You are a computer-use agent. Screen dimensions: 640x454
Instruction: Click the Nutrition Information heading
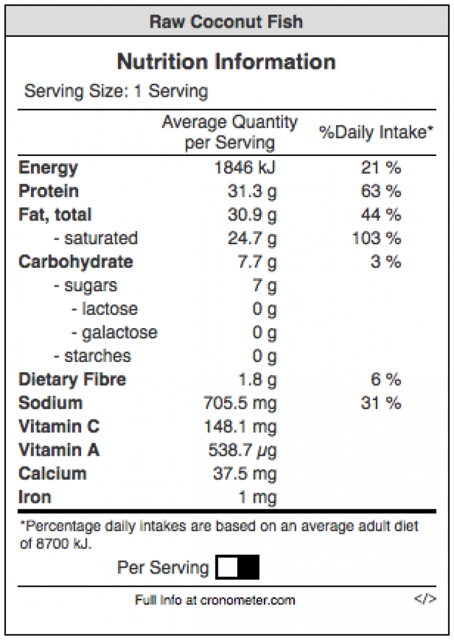pos(226,62)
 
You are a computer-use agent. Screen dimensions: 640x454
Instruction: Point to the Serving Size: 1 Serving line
pos(116,91)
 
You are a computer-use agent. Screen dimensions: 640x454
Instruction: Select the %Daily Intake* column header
pos(377,132)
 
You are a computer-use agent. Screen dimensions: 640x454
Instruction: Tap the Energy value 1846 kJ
pos(245,167)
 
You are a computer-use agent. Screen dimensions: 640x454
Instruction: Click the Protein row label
pos(48,191)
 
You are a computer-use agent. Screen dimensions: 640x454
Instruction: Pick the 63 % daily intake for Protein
pos(381,191)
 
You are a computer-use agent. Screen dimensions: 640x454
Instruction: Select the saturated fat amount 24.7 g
pos(252,238)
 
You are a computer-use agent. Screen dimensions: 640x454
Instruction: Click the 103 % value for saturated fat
pos(377,238)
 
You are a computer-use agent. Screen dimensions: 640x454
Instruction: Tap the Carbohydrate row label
pos(76,262)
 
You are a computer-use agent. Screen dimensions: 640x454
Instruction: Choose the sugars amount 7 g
pos(265,285)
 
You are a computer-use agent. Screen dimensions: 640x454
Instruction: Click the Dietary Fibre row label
pos(73,380)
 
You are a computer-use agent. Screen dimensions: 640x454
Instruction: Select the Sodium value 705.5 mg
pos(240,403)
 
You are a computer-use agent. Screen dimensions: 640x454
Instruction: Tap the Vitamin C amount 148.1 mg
pos(240,427)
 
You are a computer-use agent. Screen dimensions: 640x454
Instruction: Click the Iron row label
pos(35,497)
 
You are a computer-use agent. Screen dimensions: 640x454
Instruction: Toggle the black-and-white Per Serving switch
pos(238,567)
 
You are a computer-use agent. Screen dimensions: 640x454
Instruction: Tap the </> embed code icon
pos(425,599)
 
